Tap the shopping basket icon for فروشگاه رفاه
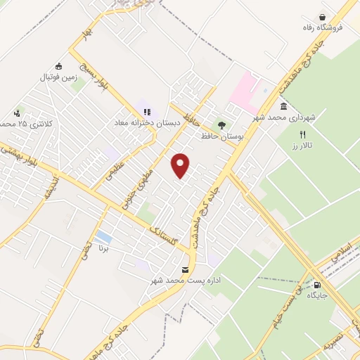pos(323,18)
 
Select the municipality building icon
pos(283,107)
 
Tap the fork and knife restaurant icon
pos(303,134)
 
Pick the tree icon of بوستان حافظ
pos(223,125)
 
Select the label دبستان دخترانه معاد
pos(148,122)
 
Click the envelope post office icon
pos(186,269)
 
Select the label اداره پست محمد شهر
pos(185,281)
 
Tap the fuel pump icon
pos(318,285)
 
